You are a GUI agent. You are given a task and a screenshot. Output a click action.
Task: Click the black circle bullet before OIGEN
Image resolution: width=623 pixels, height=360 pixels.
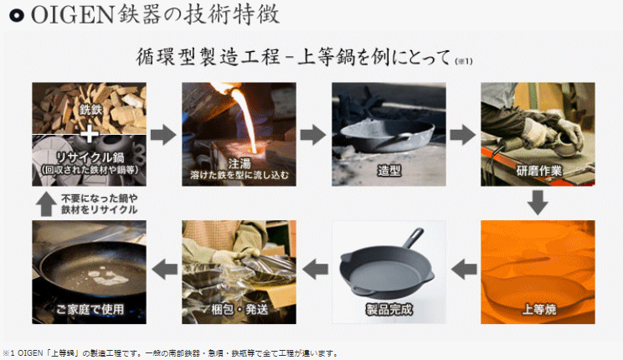click(13, 15)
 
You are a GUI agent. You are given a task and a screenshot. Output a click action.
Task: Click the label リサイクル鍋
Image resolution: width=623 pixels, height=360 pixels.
click(88, 157)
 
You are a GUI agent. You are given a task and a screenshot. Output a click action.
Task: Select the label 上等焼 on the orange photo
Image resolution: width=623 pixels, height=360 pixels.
click(538, 310)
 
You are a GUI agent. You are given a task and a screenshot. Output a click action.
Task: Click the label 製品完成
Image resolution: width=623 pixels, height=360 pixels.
click(388, 310)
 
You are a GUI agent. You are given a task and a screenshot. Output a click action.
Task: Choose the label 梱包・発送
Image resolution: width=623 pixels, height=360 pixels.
click(239, 310)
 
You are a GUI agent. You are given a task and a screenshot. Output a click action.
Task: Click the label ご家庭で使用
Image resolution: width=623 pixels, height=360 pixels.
click(89, 310)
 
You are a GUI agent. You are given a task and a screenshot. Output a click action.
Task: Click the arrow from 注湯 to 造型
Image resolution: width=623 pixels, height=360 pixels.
click(313, 135)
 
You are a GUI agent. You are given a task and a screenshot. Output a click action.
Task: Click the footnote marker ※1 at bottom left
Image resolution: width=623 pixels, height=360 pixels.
click(9, 353)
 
